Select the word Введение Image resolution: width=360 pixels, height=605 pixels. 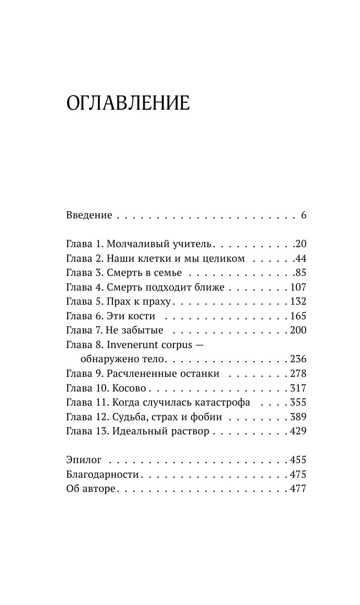(x=89, y=215)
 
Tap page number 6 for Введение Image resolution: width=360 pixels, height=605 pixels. (x=303, y=215)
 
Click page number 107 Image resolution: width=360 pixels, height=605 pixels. (x=298, y=288)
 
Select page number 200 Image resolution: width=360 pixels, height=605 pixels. (x=298, y=331)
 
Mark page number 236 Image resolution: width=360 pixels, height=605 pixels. (x=298, y=359)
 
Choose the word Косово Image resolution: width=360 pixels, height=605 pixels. (x=130, y=389)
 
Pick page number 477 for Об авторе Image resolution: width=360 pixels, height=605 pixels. (x=298, y=488)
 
